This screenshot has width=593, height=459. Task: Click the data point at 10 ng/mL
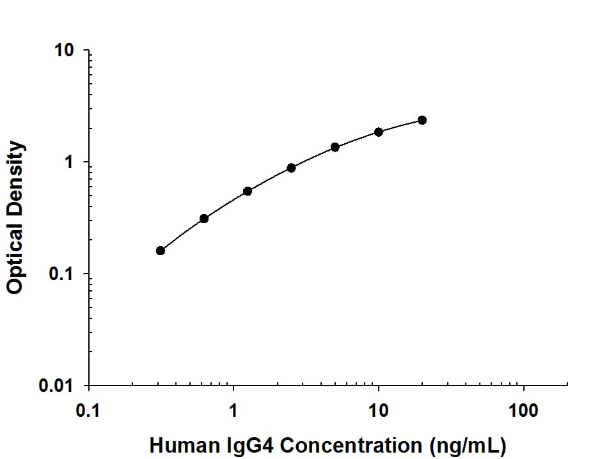click(379, 132)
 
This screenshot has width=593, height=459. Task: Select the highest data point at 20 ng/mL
click(422, 120)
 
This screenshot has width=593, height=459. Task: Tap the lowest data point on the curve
click(161, 251)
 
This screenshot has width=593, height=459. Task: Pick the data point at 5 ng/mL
click(335, 147)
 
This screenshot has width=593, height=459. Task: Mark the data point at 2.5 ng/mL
click(292, 167)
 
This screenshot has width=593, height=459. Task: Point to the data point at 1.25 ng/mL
click(248, 191)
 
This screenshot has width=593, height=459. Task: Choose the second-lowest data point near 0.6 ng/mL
click(204, 219)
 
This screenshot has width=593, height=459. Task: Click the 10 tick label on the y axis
click(65, 51)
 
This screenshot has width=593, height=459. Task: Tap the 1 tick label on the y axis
click(70, 163)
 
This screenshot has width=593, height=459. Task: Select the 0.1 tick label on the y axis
click(62, 275)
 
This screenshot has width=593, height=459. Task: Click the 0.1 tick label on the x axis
click(88, 409)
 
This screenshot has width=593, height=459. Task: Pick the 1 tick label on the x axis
click(233, 409)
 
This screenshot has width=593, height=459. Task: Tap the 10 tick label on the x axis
click(379, 409)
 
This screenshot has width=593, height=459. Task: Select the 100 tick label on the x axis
click(524, 409)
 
